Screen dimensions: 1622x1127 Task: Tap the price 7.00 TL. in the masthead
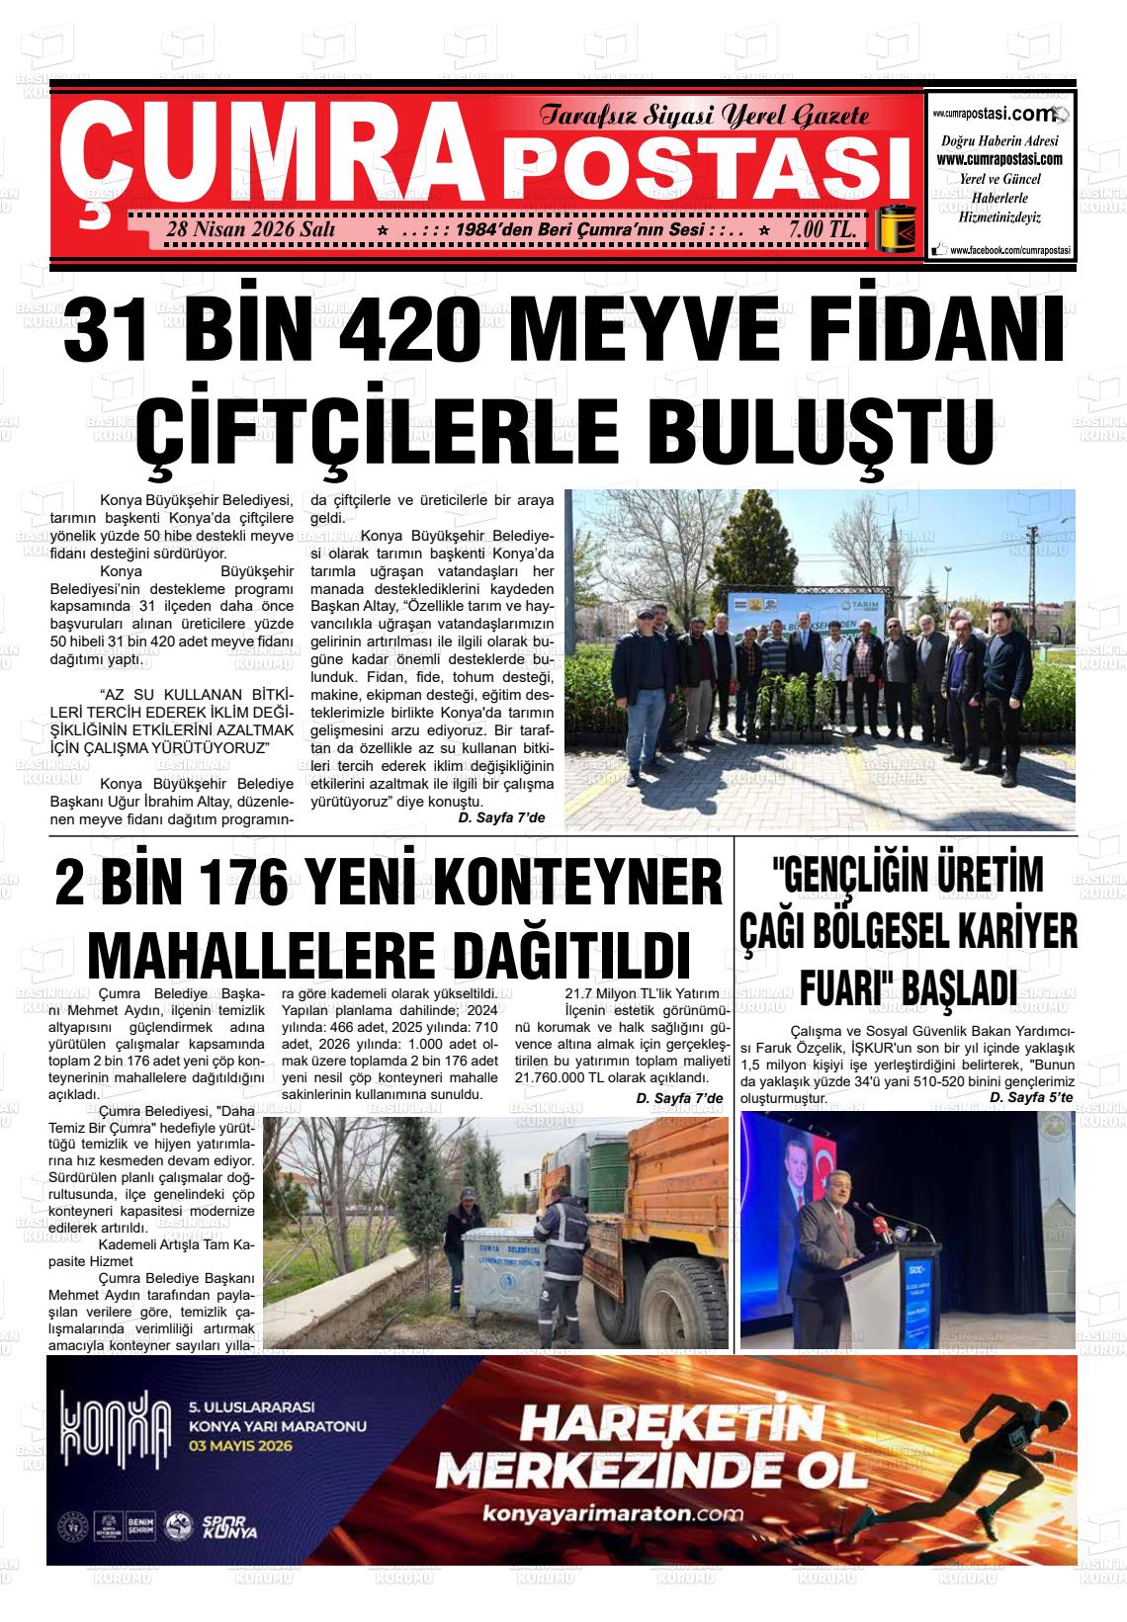[x=822, y=229]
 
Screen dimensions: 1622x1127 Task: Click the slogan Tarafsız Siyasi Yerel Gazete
[x=704, y=117]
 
